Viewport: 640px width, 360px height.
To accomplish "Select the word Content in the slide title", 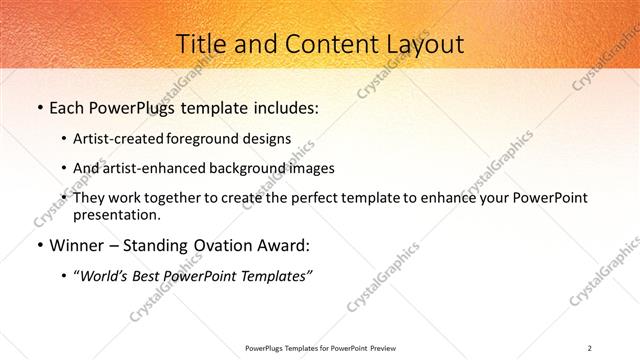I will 320,44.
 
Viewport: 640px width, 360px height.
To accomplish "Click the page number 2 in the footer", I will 590,347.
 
